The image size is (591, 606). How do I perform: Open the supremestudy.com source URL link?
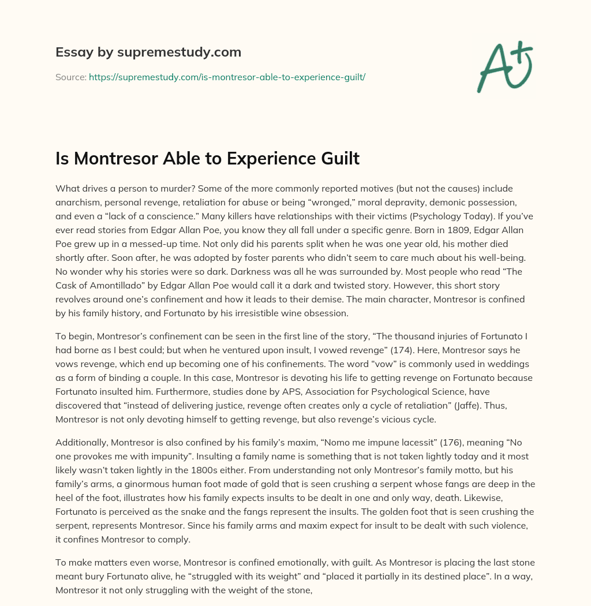pyautogui.click(x=227, y=77)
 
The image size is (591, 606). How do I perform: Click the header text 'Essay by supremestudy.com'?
pyautogui.click(x=148, y=53)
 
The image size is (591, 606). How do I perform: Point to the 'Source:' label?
pyautogui.click(x=70, y=77)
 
